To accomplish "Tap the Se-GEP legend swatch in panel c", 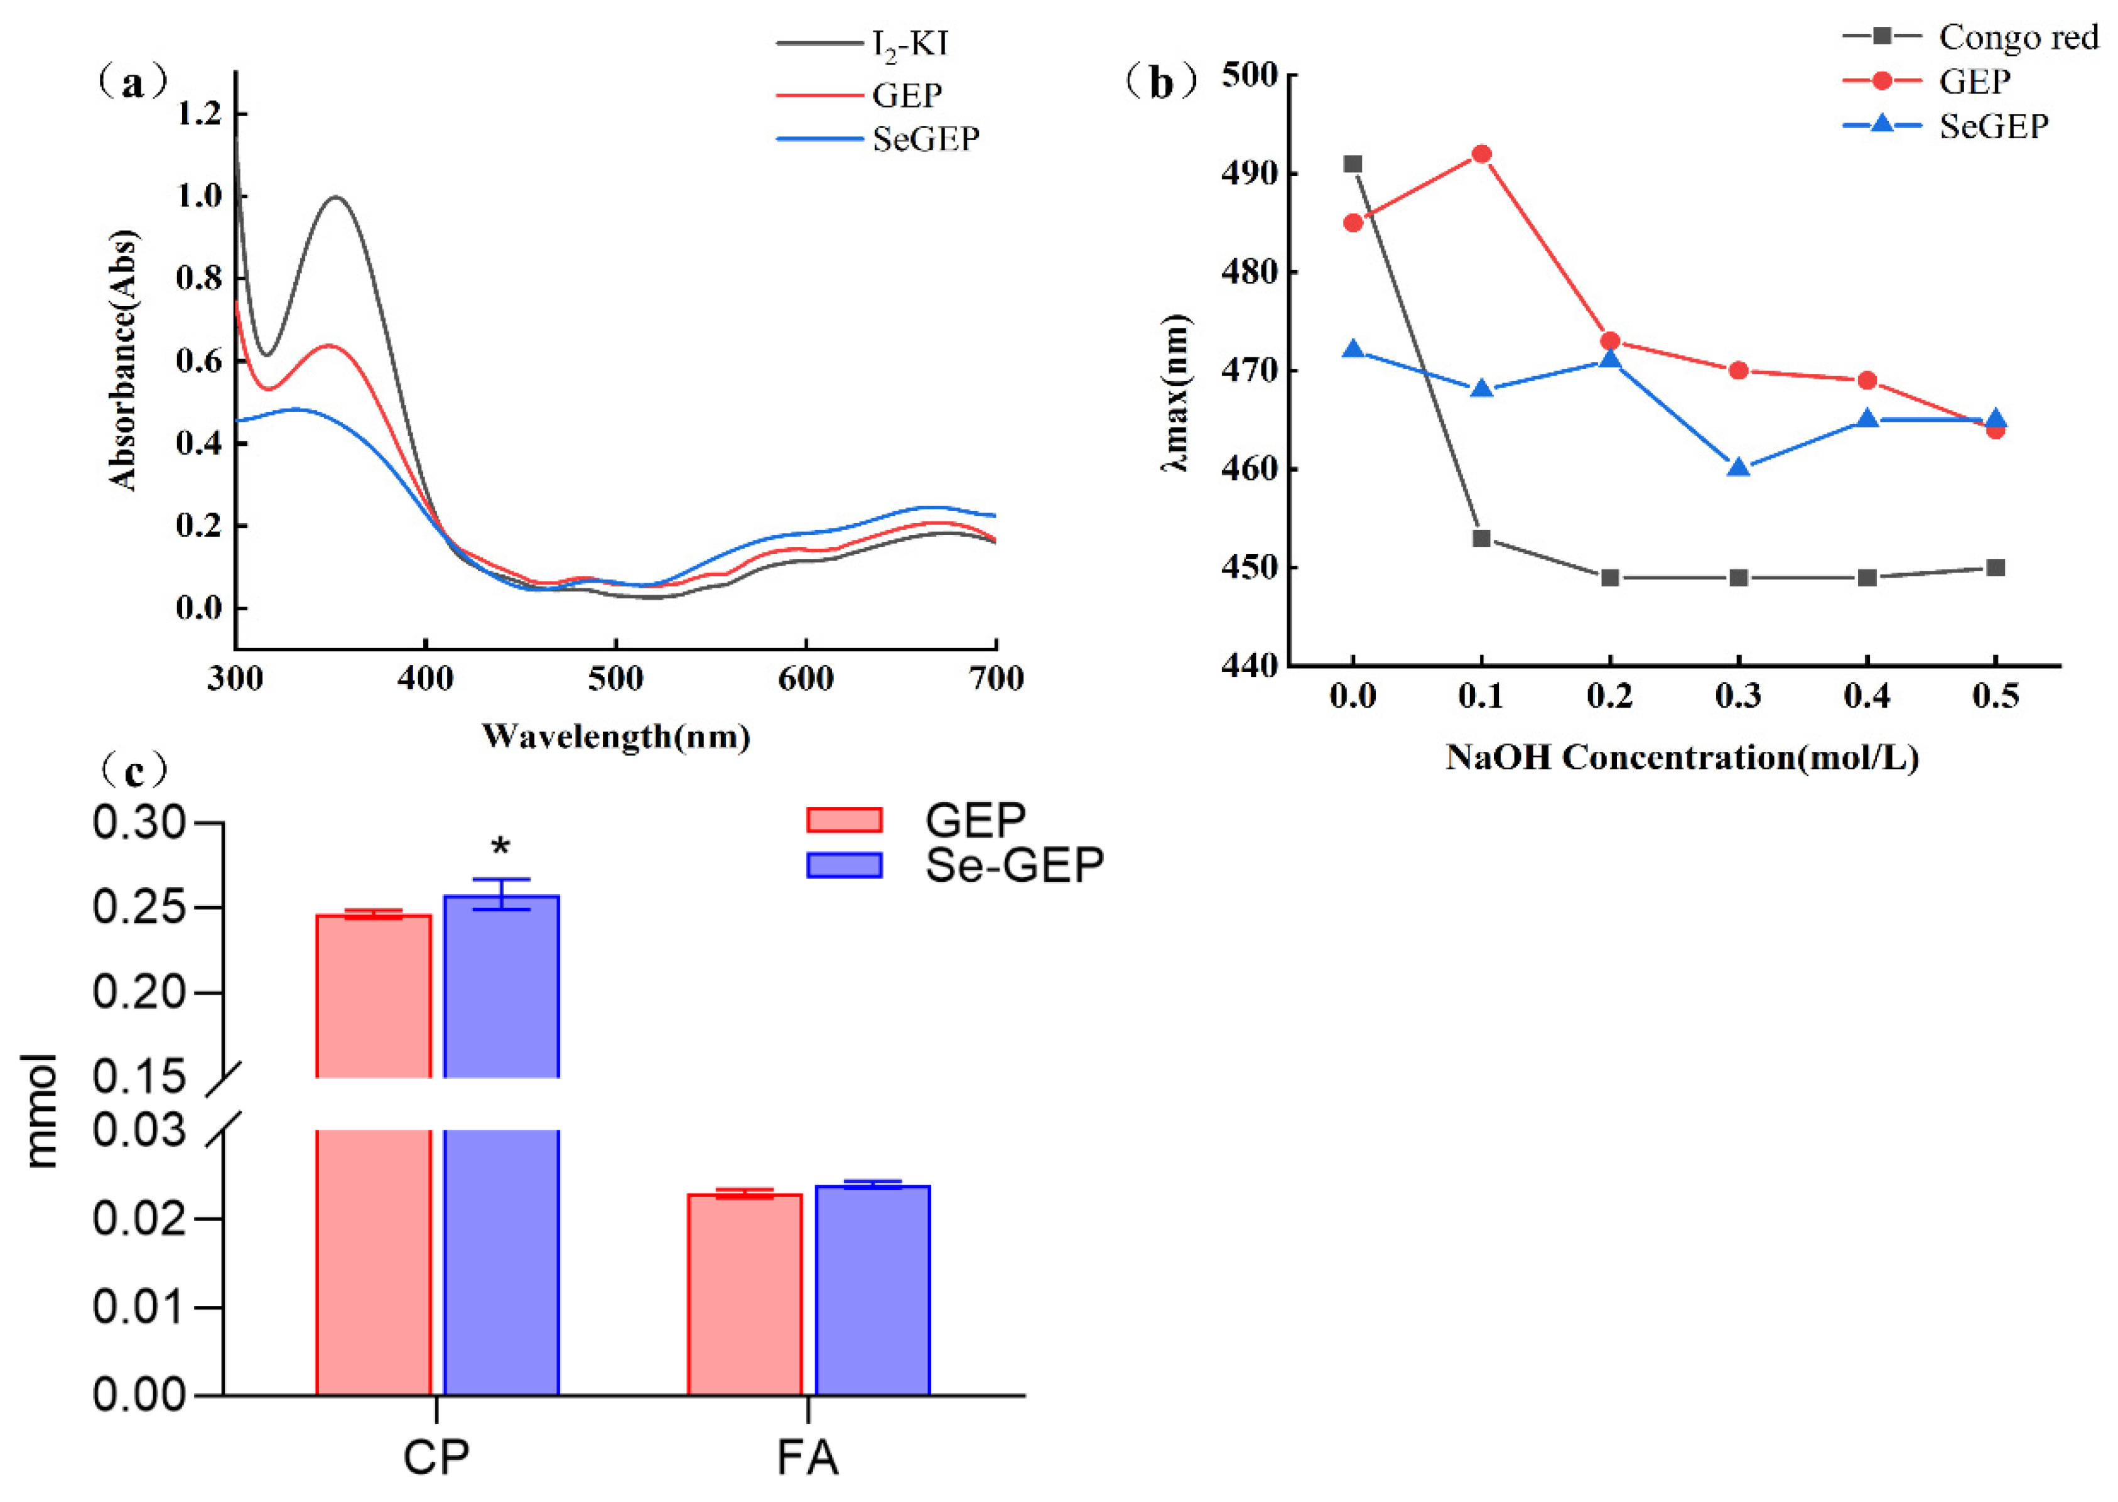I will click(x=843, y=865).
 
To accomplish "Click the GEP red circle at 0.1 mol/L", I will click(x=1481, y=154).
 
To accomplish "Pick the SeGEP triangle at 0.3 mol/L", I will click(x=1738, y=467).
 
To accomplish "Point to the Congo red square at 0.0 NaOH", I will click(x=1352, y=165).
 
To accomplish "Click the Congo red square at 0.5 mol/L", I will click(x=1995, y=568).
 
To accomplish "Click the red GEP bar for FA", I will click(x=745, y=1294).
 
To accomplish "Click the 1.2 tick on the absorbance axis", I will click(x=199, y=114).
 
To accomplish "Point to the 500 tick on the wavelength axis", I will click(x=615, y=679).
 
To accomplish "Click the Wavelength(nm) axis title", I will click(x=615, y=736).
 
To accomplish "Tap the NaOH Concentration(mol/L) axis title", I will click(x=1682, y=757).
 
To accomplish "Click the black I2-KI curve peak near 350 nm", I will click(x=337, y=197).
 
